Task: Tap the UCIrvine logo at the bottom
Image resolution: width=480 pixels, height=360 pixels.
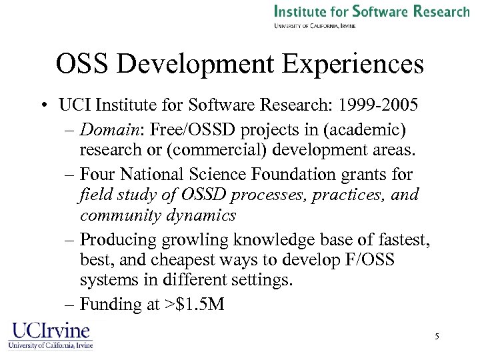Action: click(x=50, y=335)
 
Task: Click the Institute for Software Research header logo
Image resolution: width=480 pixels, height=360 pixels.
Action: click(x=372, y=15)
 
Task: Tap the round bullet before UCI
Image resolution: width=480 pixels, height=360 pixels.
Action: click(x=43, y=107)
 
